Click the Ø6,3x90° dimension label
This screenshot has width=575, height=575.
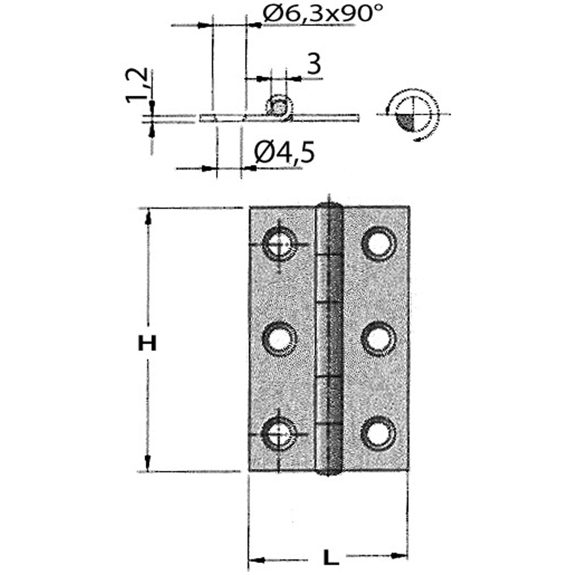point(323,16)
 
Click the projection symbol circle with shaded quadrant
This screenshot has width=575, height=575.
point(412,114)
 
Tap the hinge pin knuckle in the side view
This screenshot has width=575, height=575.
point(278,106)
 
